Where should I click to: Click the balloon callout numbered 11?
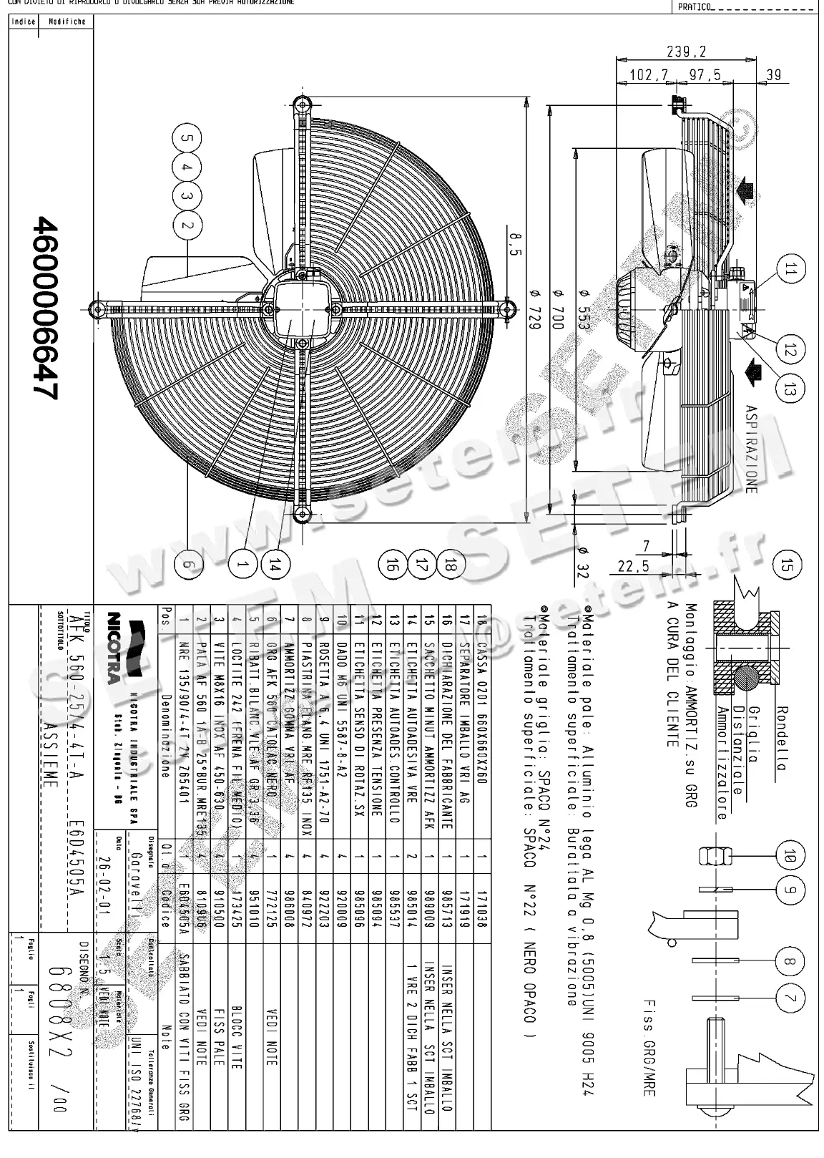(x=790, y=270)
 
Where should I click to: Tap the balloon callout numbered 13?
(x=790, y=389)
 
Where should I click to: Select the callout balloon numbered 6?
(x=187, y=564)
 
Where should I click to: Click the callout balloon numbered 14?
(x=274, y=564)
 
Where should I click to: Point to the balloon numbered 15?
(x=788, y=566)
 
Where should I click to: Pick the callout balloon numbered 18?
(x=449, y=565)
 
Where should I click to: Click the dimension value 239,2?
(x=687, y=52)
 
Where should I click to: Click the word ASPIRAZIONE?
(x=750, y=449)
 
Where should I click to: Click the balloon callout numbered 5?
(x=187, y=138)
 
